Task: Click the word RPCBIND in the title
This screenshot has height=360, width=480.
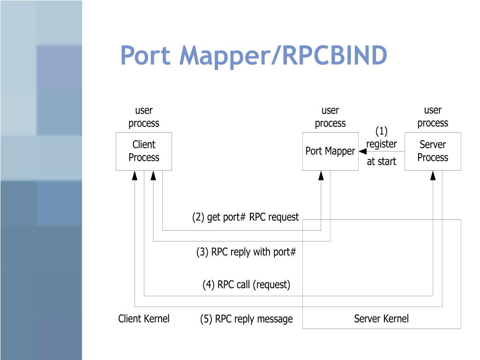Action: click(x=335, y=55)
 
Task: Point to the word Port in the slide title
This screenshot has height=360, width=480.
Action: click(x=145, y=55)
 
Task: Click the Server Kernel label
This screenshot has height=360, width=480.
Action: click(x=381, y=319)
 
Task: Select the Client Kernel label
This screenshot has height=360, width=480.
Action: click(x=143, y=319)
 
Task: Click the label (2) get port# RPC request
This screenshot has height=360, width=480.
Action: click(x=245, y=217)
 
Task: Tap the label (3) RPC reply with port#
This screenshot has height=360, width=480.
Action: click(x=246, y=252)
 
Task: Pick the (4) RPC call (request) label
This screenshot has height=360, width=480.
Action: click(x=246, y=285)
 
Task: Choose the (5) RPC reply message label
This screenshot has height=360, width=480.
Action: click(x=247, y=319)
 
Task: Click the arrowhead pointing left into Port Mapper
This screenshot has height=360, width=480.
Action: click(x=363, y=151)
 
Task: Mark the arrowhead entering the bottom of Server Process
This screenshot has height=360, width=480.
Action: click(x=433, y=175)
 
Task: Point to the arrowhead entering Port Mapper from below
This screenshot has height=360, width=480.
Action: click(x=321, y=175)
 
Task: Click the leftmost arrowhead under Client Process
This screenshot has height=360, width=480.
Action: click(x=135, y=175)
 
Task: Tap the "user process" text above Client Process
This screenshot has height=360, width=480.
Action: click(x=144, y=117)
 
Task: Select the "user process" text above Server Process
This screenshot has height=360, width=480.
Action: click(x=433, y=117)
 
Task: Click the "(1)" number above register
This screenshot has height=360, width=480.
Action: click(x=382, y=131)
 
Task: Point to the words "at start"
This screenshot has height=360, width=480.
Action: click(x=382, y=161)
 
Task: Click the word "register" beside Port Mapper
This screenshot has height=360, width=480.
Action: click(x=382, y=144)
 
